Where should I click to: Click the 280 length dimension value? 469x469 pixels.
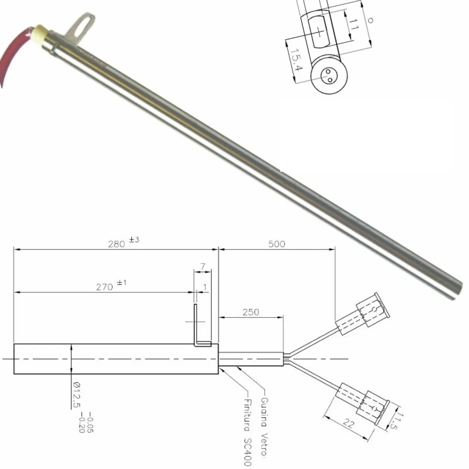coord(116,244)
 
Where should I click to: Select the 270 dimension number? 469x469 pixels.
coord(105,287)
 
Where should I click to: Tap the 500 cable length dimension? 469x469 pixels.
coord(276,244)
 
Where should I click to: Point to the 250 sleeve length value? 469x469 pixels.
coord(250,312)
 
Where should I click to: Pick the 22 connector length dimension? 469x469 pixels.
coord(349,424)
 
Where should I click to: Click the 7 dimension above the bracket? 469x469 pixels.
coord(203,267)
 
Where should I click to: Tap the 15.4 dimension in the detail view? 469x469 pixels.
coord(297,60)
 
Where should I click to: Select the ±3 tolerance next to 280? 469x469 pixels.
coord(134,240)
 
